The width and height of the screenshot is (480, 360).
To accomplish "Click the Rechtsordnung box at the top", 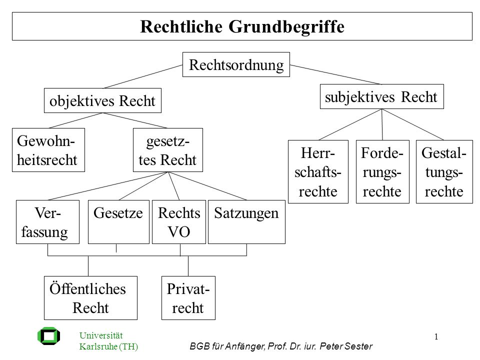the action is (x=236, y=64).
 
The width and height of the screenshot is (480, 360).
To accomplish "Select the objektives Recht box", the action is (x=102, y=100).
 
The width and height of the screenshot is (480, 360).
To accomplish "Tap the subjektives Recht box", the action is (x=381, y=96).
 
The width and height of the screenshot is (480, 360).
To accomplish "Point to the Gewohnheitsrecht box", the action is (x=48, y=150).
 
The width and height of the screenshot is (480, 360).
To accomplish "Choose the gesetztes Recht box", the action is (x=168, y=150).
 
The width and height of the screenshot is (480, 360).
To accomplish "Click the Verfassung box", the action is (x=48, y=222).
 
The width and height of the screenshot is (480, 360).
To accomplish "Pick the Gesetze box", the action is (x=118, y=222).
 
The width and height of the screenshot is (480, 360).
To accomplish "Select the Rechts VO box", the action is (x=179, y=222).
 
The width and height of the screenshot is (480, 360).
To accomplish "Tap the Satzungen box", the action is (x=246, y=222).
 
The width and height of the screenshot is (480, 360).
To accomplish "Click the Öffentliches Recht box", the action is (x=90, y=298).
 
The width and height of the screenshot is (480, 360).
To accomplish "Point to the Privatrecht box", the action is (x=188, y=298).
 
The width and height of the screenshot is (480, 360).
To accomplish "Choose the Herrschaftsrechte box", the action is (x=318, y=171).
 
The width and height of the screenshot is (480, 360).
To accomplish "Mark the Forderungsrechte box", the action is (x=382, y=171).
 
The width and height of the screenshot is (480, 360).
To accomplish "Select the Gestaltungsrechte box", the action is (x=444, y=171).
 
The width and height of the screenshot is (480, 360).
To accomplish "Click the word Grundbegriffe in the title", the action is (x=286, y=26).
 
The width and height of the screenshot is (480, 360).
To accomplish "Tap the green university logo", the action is (x=48, y=336).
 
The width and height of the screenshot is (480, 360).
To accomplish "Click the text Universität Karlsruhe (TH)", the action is (x=108, y=340).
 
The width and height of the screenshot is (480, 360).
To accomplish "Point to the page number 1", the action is (x=436, y=336).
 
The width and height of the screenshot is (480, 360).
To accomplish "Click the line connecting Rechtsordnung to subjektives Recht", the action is (x=335, y=74).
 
